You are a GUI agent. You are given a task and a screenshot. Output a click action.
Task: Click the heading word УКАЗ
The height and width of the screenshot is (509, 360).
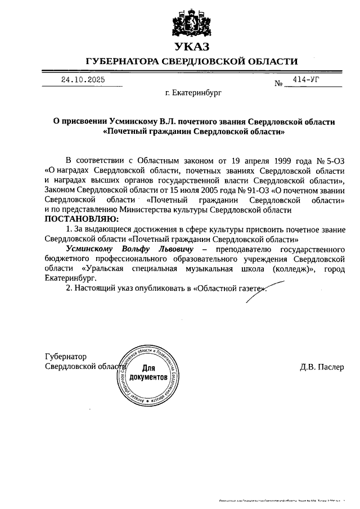pos(191,47)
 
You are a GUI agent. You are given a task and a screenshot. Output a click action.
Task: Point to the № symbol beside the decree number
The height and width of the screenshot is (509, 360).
pos(278,84)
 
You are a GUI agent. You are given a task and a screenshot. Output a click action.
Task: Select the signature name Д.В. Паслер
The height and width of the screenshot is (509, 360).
pos(322,367)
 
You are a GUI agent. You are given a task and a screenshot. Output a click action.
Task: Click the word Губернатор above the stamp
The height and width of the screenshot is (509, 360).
pos(66,357)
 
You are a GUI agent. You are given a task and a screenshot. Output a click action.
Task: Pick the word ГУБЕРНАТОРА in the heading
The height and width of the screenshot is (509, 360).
pos(122,61)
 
